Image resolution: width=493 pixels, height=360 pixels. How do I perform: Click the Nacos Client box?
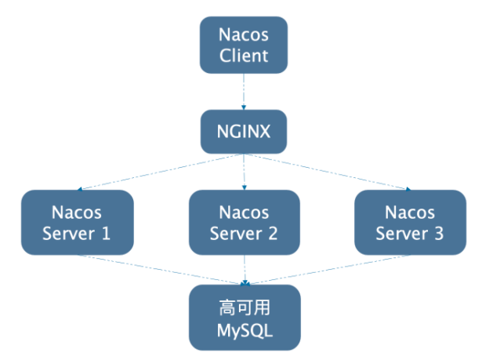[244, 45]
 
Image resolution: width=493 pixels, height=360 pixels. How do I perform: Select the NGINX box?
[244, 129]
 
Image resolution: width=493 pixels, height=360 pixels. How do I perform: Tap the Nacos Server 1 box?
[77, 222]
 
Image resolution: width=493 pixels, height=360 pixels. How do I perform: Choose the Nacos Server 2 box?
[245, 222]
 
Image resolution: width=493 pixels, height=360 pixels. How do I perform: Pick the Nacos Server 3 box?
[410, 222]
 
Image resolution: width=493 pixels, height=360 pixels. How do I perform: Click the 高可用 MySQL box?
[245, 317]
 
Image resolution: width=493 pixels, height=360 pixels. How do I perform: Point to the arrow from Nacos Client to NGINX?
[244, 90]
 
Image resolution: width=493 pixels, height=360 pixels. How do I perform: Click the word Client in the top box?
[244, 56]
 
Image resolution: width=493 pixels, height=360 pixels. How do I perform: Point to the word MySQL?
[245, 329]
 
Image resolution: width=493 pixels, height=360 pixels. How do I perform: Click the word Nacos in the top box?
[244, 35]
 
